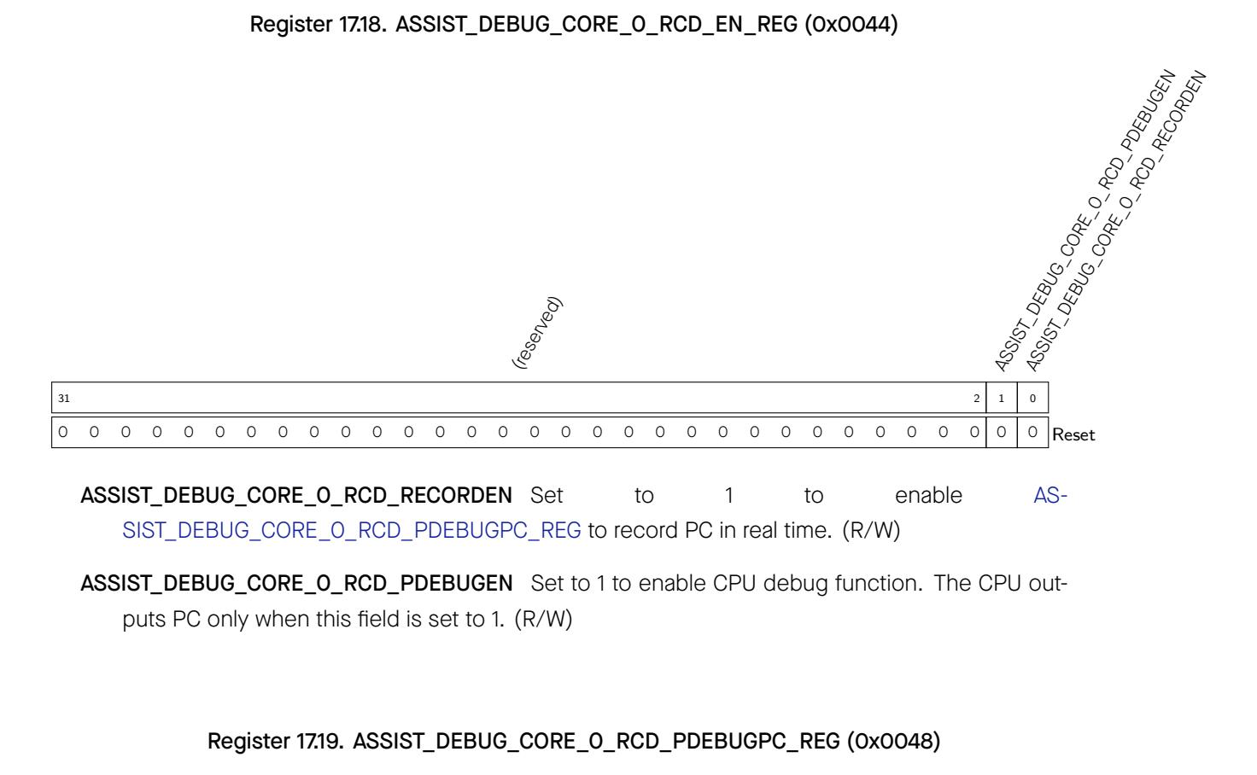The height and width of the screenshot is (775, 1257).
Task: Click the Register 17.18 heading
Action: [574, 24]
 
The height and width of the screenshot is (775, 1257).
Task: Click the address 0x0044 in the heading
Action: [851, 24]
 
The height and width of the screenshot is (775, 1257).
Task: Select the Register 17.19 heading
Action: [574, 741]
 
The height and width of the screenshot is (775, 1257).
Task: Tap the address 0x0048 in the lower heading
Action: [893, 741]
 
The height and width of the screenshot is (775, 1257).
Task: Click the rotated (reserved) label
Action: [536, 332]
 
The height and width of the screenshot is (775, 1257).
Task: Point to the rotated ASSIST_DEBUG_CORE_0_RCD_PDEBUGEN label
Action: [1085, 221]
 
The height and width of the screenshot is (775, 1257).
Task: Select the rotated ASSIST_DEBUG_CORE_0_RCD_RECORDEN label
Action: [1115, 221]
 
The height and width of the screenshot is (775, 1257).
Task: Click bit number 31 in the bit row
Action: [64, 398]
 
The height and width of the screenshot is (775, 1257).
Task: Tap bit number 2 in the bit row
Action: [976, 398]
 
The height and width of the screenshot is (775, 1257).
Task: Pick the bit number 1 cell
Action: [1002, 398]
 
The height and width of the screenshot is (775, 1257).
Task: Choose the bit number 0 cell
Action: [1033, 398]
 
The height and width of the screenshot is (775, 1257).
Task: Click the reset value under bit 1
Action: [1002, 432]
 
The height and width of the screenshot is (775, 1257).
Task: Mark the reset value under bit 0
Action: [1032, 432]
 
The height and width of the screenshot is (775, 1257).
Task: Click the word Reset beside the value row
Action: [1073, 434]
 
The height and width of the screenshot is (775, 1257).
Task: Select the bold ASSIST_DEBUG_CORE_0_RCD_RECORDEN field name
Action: [296, 496]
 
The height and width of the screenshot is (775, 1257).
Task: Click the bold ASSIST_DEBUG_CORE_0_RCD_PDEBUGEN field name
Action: [297, 584]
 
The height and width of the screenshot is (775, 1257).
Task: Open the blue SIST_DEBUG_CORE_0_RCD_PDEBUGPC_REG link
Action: [352, 531]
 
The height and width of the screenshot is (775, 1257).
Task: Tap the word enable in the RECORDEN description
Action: [929, 496]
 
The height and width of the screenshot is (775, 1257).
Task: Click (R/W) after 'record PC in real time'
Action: [872, 531]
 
